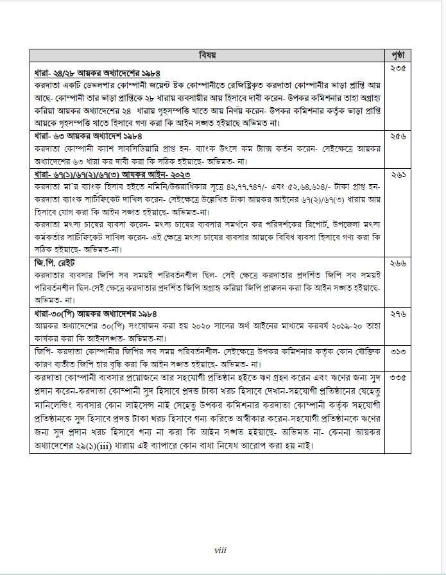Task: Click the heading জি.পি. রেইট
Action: [x=55, y=263]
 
